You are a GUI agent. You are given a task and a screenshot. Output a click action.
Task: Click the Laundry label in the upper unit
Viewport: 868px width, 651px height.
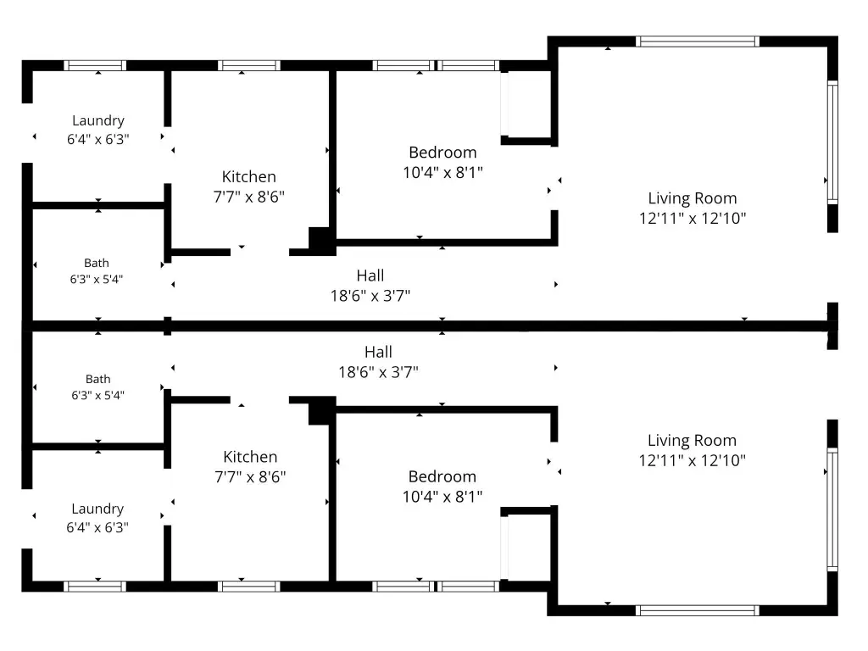[98, 120]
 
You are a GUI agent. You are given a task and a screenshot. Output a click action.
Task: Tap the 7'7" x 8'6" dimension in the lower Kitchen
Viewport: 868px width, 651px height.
[250, 476]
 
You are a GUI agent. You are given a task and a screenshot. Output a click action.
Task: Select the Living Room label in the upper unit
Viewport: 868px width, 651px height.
[693, 198]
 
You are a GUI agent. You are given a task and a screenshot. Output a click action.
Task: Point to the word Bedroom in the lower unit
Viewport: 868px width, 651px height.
[442, 476]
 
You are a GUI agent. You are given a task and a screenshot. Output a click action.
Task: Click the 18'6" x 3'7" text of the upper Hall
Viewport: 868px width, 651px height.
[370, 296]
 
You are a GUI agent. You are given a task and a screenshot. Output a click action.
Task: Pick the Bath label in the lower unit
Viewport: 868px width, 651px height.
[98, 379]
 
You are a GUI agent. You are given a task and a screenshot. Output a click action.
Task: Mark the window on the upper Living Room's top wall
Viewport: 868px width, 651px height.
[698, 42]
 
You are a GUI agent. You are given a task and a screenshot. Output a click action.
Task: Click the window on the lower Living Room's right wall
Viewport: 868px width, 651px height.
[832, 509]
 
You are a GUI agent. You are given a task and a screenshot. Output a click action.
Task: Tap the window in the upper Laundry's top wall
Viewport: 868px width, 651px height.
[95, 65]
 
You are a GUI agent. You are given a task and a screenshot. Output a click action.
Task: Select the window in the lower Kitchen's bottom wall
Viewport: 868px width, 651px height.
[249, 587]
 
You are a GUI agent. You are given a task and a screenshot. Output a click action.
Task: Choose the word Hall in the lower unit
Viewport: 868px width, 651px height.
[379, 352]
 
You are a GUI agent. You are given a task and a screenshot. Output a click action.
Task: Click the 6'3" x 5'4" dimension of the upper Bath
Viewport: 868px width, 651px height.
[97, 280]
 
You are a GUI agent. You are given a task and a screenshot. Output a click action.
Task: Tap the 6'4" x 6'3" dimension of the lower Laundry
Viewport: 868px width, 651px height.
[97, 527]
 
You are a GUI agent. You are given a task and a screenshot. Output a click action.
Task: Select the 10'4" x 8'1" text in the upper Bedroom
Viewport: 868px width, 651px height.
[442, 173]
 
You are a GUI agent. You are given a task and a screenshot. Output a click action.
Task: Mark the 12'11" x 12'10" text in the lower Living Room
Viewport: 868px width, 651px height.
[693, 460]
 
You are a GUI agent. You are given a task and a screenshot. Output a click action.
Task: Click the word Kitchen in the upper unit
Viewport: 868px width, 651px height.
[249, 177]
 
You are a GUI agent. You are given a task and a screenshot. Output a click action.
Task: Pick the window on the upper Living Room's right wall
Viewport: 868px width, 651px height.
[832, 142]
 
